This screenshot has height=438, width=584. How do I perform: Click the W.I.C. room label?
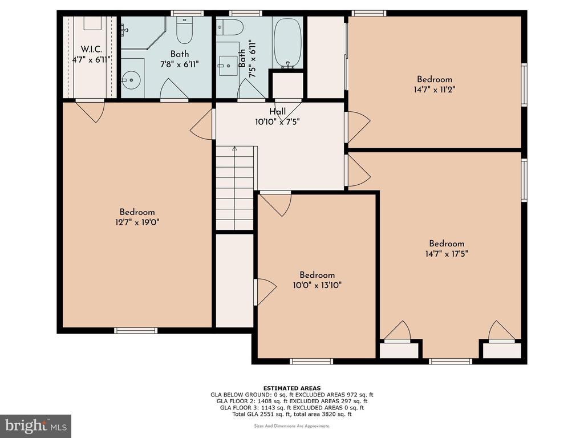point(91,49)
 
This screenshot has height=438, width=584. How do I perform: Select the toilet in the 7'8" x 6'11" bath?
point(184,30)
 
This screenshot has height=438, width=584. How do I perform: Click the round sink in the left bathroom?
point(131,80)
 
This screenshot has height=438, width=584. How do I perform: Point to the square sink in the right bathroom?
point(228,66)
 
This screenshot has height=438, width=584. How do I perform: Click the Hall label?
point(278,111)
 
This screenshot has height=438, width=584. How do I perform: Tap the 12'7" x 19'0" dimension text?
point(137,223)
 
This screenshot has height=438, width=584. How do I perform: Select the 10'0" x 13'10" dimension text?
point(317,286)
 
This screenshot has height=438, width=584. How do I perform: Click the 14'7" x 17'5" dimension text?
point(447,254)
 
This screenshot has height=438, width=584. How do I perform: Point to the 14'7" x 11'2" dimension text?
point(435,90)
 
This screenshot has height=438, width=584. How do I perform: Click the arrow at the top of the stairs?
point(234,149)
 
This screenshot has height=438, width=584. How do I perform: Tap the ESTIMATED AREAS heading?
point(292,388)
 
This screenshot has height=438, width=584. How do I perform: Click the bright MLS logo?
point(36,425)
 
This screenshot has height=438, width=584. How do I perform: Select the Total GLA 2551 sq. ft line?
point(292,414)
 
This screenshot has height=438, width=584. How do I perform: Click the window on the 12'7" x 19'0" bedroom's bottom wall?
point(136,330)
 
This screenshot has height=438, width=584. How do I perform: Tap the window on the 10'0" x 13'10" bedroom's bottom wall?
point(311,361)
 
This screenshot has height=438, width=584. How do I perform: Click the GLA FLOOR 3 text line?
point(292,407)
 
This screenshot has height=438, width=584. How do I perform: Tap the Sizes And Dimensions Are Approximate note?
point(292,425)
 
